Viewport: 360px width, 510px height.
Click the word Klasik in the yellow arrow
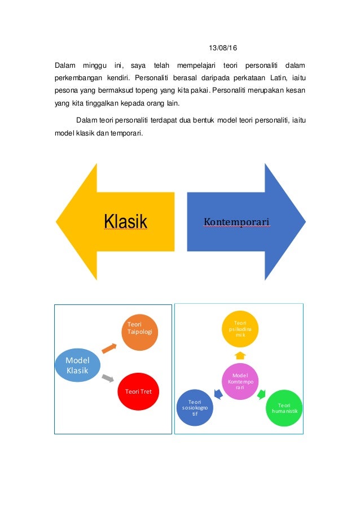pos(125,221)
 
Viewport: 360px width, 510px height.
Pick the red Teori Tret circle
pos(138,391)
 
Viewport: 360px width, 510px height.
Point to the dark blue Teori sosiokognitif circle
pos(195,408)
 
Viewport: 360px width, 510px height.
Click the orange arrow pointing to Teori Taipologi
pos(109,348)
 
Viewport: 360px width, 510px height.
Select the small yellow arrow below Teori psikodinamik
pos(240,355)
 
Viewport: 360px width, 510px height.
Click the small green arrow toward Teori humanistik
pos(261,394)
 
